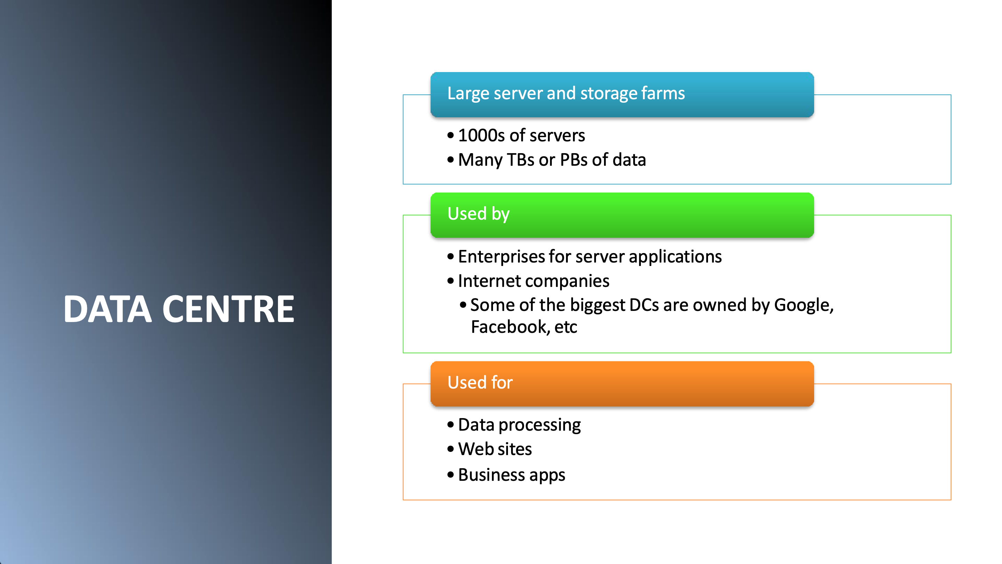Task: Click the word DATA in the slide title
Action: (108, 309)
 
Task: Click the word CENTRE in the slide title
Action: (228, 309)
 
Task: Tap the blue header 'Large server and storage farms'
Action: (622, 95)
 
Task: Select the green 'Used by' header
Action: (622, 215)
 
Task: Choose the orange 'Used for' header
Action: (622, 384)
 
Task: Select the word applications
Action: (675, 257)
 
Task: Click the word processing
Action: (540, 425)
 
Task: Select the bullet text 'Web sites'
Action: (495, 449)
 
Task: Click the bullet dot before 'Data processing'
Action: (451, 425)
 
